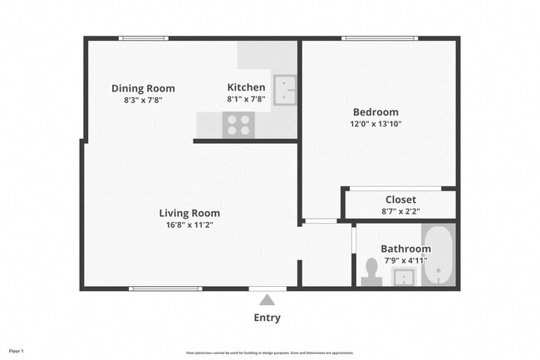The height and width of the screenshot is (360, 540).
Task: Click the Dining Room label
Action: (143, 88)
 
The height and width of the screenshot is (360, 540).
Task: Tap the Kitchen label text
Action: (247, 87)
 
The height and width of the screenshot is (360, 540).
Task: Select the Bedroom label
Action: (376, 112)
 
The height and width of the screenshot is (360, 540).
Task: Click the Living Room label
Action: (189, 213)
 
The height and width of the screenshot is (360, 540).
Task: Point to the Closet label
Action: (400, 200)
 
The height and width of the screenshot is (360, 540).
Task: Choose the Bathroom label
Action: (405, 249)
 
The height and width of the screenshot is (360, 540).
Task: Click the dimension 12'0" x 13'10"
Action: (376, 124)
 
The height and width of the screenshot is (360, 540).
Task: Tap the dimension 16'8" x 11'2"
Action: (189, 224)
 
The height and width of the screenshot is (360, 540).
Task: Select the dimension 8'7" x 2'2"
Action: (400, 211)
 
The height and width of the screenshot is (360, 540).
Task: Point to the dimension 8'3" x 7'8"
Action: (143, 100)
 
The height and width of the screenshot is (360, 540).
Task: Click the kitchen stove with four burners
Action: (238, 125)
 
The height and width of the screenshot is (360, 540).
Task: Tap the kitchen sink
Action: (286, 90)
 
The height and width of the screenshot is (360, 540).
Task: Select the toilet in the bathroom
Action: (371, 271)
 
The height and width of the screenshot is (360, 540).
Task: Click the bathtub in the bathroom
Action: (439, 254)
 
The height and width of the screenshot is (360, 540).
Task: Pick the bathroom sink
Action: (404, 276)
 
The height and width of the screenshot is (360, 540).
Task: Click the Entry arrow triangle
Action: (267, 299)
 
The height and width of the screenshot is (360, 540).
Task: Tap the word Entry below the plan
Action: (267, 318)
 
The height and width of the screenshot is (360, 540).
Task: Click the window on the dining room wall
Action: (143, 38)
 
